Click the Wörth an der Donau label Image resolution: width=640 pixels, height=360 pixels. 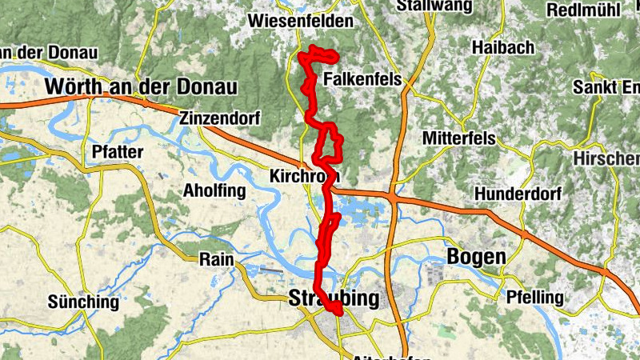[142, 86]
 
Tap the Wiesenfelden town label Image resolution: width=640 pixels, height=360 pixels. [301, 21]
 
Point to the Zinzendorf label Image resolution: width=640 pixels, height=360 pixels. [220, 118]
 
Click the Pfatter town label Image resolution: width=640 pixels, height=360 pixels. [118, 151]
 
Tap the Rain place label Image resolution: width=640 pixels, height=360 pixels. [215, 258]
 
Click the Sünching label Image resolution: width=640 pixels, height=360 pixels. [83, 302]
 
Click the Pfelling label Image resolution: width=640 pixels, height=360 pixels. [535, 298]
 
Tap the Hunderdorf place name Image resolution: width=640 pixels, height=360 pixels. [518, 194]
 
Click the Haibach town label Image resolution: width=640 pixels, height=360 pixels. [502, 48]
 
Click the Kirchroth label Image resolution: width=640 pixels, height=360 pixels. [305, 175]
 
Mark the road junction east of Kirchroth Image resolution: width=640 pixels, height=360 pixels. [392, 194]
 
